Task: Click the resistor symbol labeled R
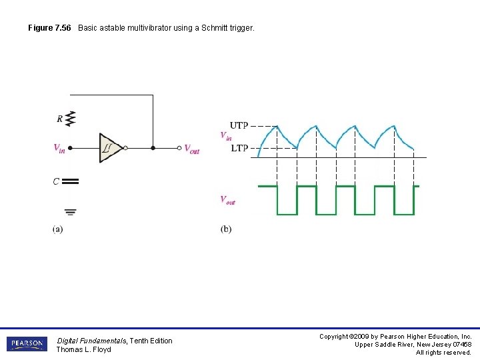coord(71,119)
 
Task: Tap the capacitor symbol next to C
coord(71,181)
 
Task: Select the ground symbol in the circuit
coord(71,212)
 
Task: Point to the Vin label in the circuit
coord(59,148)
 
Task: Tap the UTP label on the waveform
coord(239,125)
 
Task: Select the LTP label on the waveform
coord(239,148)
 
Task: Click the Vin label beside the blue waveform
coord(226,135)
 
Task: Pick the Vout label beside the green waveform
coord(227,199)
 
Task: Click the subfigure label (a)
coord(58,229)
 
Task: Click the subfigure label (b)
coord(226,229)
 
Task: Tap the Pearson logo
coord(26,344)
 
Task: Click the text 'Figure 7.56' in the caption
coord(49,28)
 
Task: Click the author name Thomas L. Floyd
coord(83,349)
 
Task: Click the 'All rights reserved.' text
coord(443,352)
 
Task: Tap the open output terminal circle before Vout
coord(179,148)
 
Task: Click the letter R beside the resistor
coord(60,119)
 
